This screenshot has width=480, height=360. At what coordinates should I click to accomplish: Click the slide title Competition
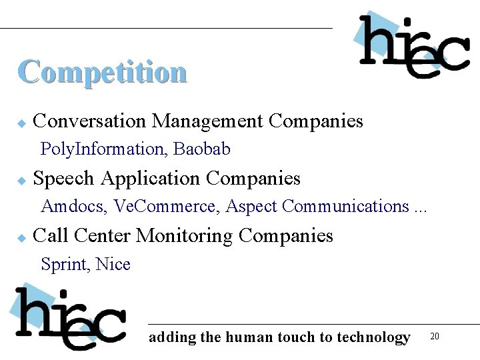102,72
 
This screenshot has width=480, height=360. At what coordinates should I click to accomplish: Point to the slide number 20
435,336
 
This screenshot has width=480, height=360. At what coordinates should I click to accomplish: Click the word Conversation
89,121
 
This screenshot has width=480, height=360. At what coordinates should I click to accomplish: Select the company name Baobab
202,149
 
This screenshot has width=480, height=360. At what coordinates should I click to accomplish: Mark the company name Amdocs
73,207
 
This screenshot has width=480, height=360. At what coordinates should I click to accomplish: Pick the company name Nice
113,265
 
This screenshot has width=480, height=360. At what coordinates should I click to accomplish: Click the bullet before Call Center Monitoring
21,237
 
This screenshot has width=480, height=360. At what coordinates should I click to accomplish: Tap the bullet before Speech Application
21,180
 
